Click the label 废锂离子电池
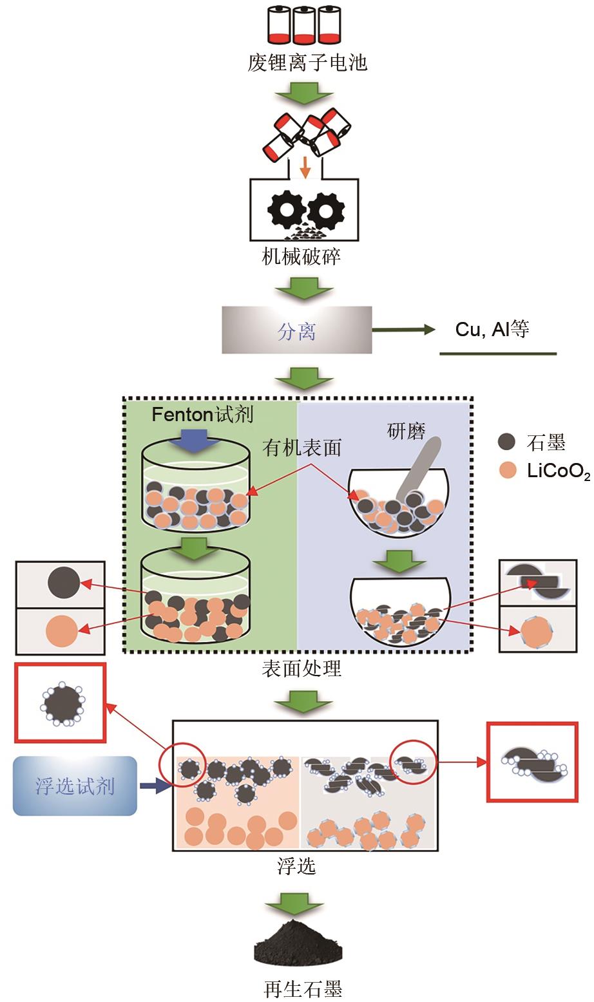[307, 63]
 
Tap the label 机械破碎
[302, 257]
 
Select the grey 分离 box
[297, 331]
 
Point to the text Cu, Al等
[492, 329]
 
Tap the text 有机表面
[302, 447]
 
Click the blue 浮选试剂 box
[75, 786]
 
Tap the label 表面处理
[302, 669]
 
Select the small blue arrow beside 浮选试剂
[153, 786]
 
